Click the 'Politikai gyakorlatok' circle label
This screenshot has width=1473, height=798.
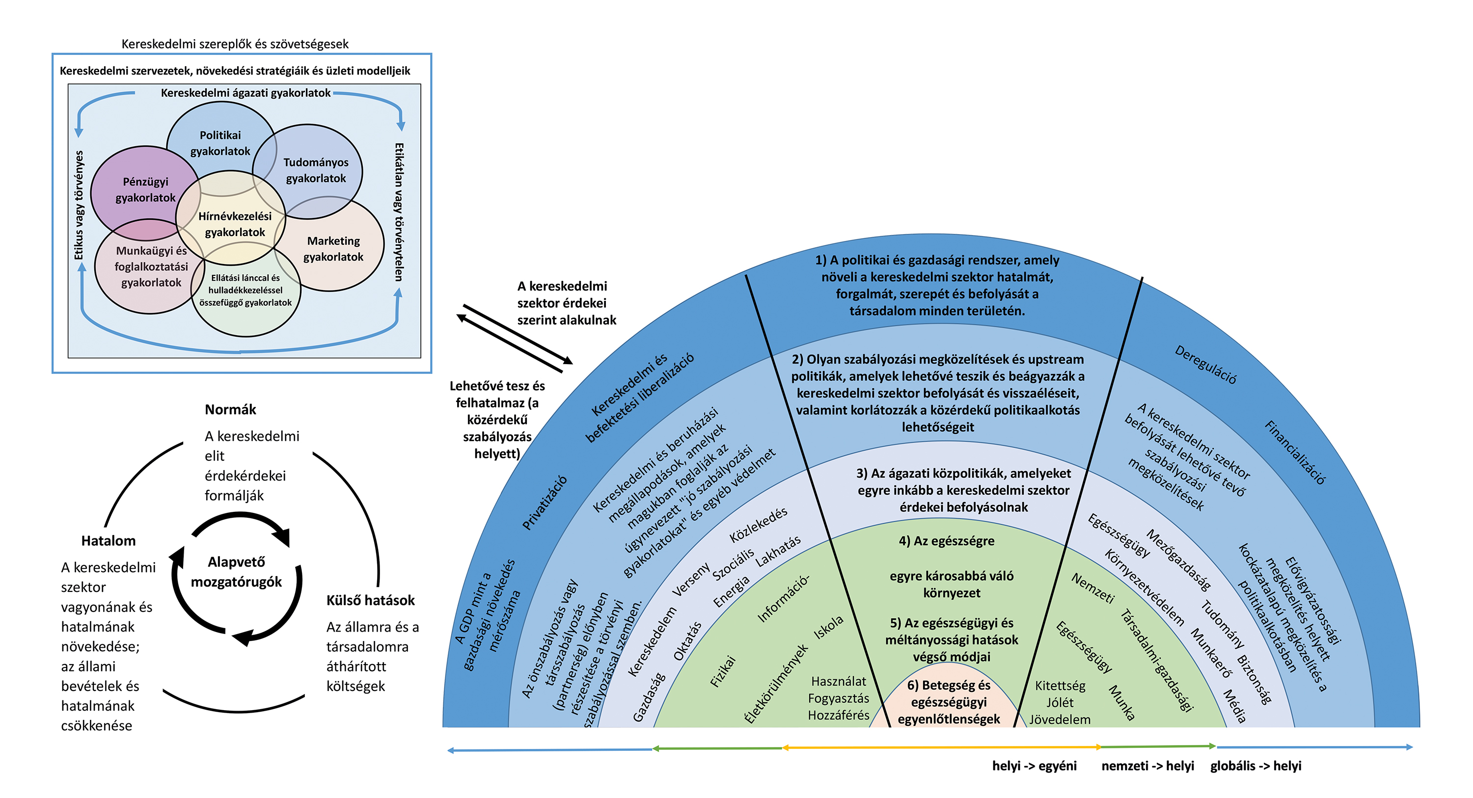click(220, 143)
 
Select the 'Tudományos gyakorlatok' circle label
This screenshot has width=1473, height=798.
click(316, 170)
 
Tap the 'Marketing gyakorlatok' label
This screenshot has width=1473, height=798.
click(333, 249)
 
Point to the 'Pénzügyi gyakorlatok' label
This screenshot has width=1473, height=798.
click(146, 190)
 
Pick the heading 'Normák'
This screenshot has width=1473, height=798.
click(230, 409)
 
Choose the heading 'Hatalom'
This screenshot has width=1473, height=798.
click(109, 541)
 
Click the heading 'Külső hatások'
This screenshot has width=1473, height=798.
click(371, 600)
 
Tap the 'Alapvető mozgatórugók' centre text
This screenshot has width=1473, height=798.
click(236, 572)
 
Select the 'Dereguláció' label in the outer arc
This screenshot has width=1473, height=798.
click(1205, 365)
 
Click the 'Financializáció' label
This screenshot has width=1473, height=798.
click(1295, 452)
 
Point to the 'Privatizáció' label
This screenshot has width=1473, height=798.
click(545, 503)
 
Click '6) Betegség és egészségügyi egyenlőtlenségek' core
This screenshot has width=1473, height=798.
click(949, 702)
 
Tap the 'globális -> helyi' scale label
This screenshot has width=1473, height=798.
click(1255, 766)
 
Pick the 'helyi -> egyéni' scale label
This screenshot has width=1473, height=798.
click(1035, 766)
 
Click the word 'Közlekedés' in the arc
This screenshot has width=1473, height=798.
click(759, 525)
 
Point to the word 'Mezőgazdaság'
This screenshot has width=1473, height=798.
click(1178, 560)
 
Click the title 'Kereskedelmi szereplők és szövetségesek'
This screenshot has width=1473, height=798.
click(235, 44)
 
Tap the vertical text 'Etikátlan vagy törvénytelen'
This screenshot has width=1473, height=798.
click(399, 212)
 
